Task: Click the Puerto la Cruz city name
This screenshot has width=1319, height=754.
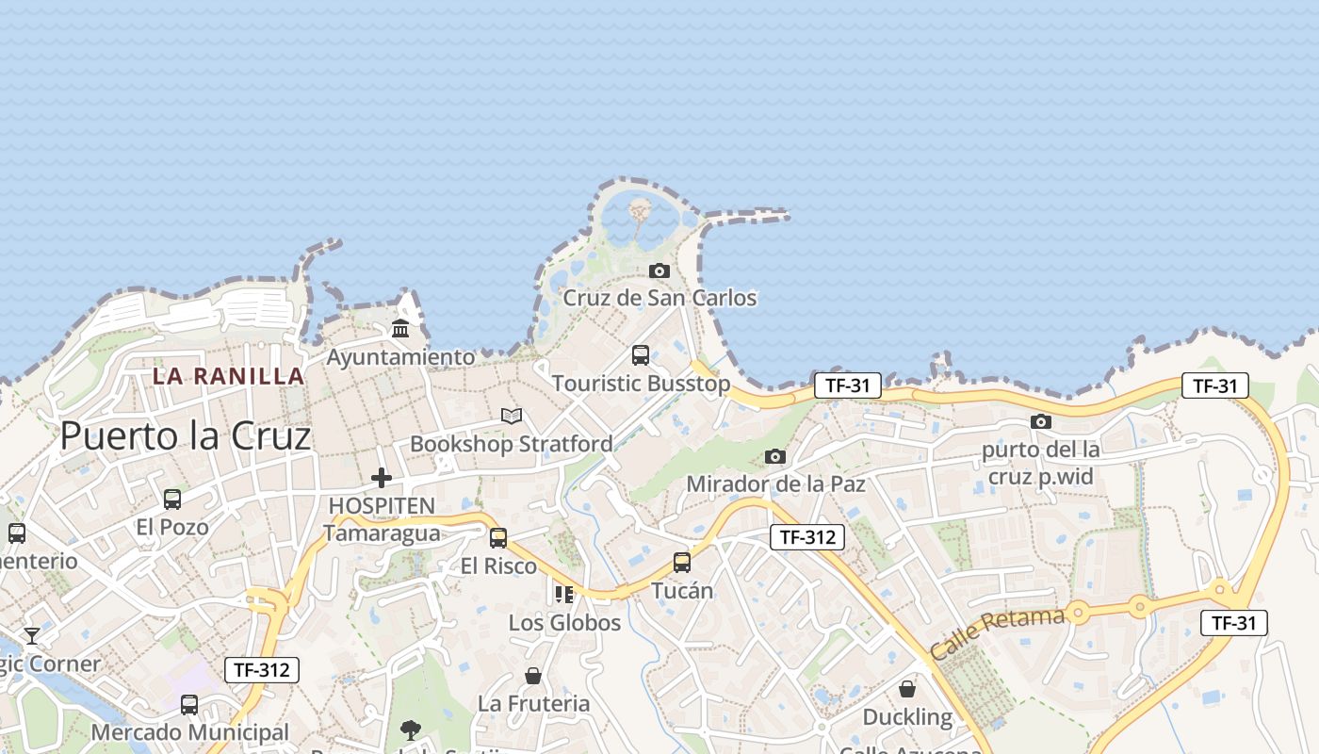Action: click(185, 435)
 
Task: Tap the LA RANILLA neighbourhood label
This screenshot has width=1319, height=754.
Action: click(229, 376)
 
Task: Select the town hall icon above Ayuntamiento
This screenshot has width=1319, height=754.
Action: click(400, 329)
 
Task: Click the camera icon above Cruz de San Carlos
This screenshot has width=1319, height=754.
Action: click(659, 270)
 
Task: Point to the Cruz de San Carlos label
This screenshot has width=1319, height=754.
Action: click(659, 298)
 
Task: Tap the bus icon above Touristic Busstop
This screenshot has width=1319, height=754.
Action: click(641, 355)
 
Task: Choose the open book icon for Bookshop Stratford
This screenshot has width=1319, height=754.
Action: click(512, 416)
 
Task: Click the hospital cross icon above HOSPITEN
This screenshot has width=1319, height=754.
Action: click(381, 478)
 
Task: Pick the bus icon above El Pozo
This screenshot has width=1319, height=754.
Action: click(172, 499)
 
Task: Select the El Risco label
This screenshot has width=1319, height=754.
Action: click(498, 566)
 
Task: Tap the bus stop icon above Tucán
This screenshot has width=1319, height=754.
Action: click(682, 563)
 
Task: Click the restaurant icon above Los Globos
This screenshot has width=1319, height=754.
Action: click(564, 594)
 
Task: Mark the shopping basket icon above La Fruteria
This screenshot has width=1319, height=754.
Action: click(533, 676)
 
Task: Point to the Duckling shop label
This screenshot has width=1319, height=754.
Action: click(907, 716)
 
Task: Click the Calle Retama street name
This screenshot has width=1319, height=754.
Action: click(997, 631)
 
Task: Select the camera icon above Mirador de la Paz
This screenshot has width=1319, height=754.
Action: click(775, 456)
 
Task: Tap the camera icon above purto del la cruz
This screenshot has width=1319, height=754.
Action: click(1040, 421)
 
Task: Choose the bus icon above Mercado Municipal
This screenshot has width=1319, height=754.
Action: click(189, 704)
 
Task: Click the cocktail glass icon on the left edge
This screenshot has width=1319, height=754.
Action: click(32, 635)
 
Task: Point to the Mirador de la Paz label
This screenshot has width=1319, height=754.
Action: click(775, 484)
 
